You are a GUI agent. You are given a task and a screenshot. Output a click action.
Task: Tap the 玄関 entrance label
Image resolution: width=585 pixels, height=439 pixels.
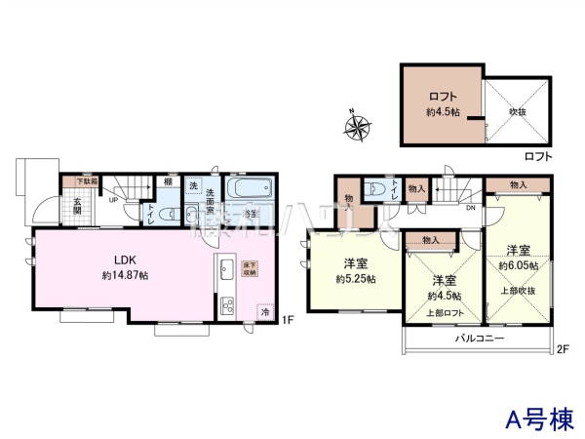pyautogui.click(x=76, y=208)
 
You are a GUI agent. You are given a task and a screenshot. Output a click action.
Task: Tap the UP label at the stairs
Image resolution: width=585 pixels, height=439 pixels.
pyautogui.click(x=114, y=199)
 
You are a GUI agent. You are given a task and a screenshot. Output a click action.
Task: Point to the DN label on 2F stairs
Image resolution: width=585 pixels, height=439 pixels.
pyautogui.click(x=470, y=208)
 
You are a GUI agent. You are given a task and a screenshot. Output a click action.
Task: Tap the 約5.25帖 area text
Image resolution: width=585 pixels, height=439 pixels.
pyautogui.click(x=355, y=278)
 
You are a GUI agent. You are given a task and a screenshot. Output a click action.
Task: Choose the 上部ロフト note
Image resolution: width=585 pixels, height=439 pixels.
pyautogui.click(x=444, y=313)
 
